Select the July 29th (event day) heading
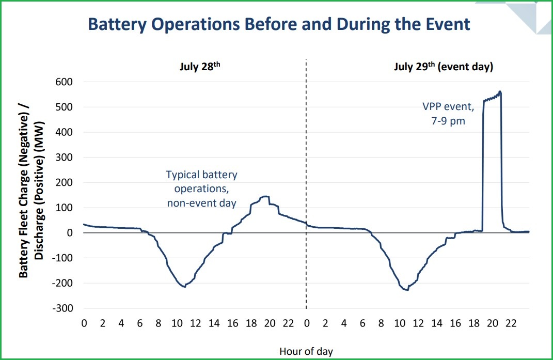[x=443, y=67]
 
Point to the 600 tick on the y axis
[x=68, y=82]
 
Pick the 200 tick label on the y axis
[x=68, y=183]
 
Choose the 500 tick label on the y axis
[x=68, y=107]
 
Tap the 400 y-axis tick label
[x=68, y=132]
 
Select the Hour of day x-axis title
[x=306, y=351]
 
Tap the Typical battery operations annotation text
[x=201, y=189]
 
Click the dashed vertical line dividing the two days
[x=306, y=155]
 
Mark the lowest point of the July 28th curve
[x=184, y=287]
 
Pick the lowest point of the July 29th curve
[x=407, y=290]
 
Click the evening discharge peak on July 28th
[x=265, y=196]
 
